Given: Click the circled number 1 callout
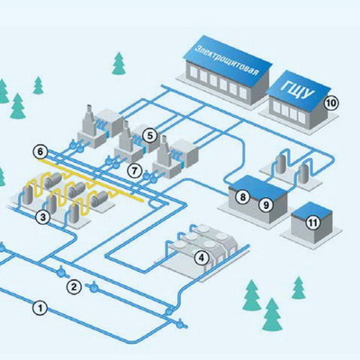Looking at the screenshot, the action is point(40,308).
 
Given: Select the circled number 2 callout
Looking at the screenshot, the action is point(74,286).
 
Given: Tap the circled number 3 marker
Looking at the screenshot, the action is point(43,217).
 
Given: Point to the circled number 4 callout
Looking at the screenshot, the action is point(202,257).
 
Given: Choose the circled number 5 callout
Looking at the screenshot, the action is point(149,136).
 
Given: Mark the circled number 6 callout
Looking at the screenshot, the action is point(40,152).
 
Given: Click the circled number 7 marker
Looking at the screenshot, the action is point(134,171).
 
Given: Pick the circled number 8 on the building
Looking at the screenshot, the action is point(242,197).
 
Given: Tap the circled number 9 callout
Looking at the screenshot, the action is point(265,205).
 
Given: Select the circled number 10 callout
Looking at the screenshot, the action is point(331,103).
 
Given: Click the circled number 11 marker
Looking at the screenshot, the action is point(312,222).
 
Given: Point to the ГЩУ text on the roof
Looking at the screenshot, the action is point(297,90).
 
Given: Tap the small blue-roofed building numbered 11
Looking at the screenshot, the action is point(311,222).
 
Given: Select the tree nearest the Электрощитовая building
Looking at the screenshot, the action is point(119,63).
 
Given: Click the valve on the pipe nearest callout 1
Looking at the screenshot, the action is point(181,324).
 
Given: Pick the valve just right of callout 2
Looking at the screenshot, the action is point(94,287).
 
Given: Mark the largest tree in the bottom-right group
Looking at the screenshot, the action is point(272,314).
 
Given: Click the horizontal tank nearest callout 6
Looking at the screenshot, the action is point(54,181).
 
